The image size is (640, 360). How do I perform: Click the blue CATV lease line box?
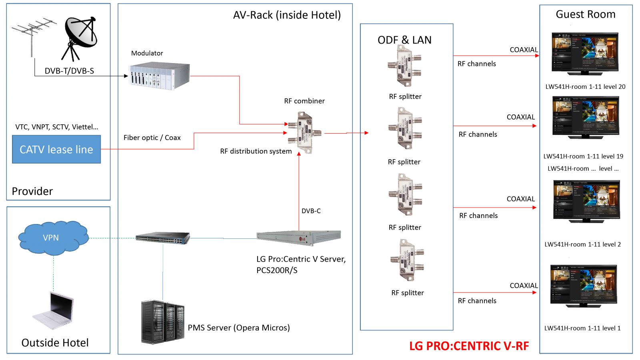coord(56,149)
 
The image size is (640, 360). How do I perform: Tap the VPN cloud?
coord(52,238)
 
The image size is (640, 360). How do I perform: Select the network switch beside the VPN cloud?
coord(162,238)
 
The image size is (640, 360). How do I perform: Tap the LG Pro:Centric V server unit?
coord(298,236)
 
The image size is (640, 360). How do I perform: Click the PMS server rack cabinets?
coord(162,322)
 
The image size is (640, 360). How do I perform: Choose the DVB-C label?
coord(311,211)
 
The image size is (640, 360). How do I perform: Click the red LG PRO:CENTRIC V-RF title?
coord(469,346)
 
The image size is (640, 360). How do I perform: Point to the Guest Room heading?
coord(586,14)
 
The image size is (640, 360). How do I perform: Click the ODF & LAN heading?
coord(404,40)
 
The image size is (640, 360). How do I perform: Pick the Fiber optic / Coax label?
coord(152,138)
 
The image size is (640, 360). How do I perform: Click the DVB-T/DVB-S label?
coord(69,71)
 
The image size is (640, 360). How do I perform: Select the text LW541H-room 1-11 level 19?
coord(583,156)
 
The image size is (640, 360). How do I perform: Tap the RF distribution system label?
coord(256,151)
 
